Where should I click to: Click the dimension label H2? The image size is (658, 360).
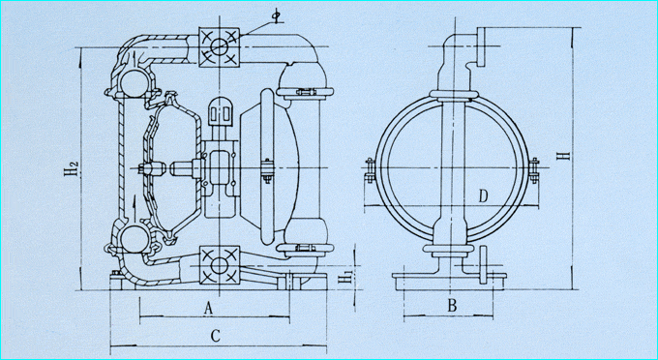pyautogui.click(x=72, y=166)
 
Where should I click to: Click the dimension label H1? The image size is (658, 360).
pyautogui.click(x=345, y=278)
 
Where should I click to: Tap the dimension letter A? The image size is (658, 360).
pyautogui.click(x=209, y=309)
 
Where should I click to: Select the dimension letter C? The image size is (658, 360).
pyautogui.click(x=215, y=336)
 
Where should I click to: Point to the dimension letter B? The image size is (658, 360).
pyautogui.click(x=452, y=306)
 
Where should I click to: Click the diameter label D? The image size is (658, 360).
pyautogui.click(x=484, y=195)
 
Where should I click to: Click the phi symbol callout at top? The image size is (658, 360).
pyautogui.click(x=276, y=15)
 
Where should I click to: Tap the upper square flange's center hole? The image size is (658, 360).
pyautogui.click(x=219, y=46)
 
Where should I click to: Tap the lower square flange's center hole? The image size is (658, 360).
pyautogui.click(x=219, y=265)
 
